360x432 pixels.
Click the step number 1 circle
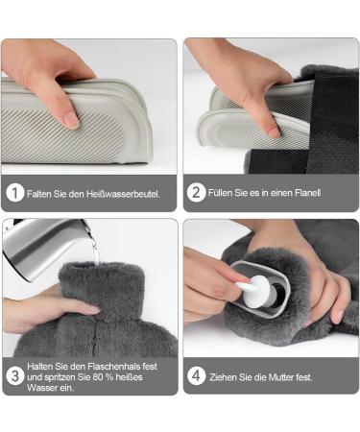[15, 193]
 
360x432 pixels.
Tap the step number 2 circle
[196, 192]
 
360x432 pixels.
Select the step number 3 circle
[15, 376]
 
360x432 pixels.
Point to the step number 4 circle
[196, 376]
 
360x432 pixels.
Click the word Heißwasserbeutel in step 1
[123, 194]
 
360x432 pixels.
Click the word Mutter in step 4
[281, 377]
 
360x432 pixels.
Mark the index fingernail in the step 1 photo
[71, 121]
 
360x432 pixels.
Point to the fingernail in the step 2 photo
[273, 132]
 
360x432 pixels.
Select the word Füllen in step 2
[220, 193]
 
